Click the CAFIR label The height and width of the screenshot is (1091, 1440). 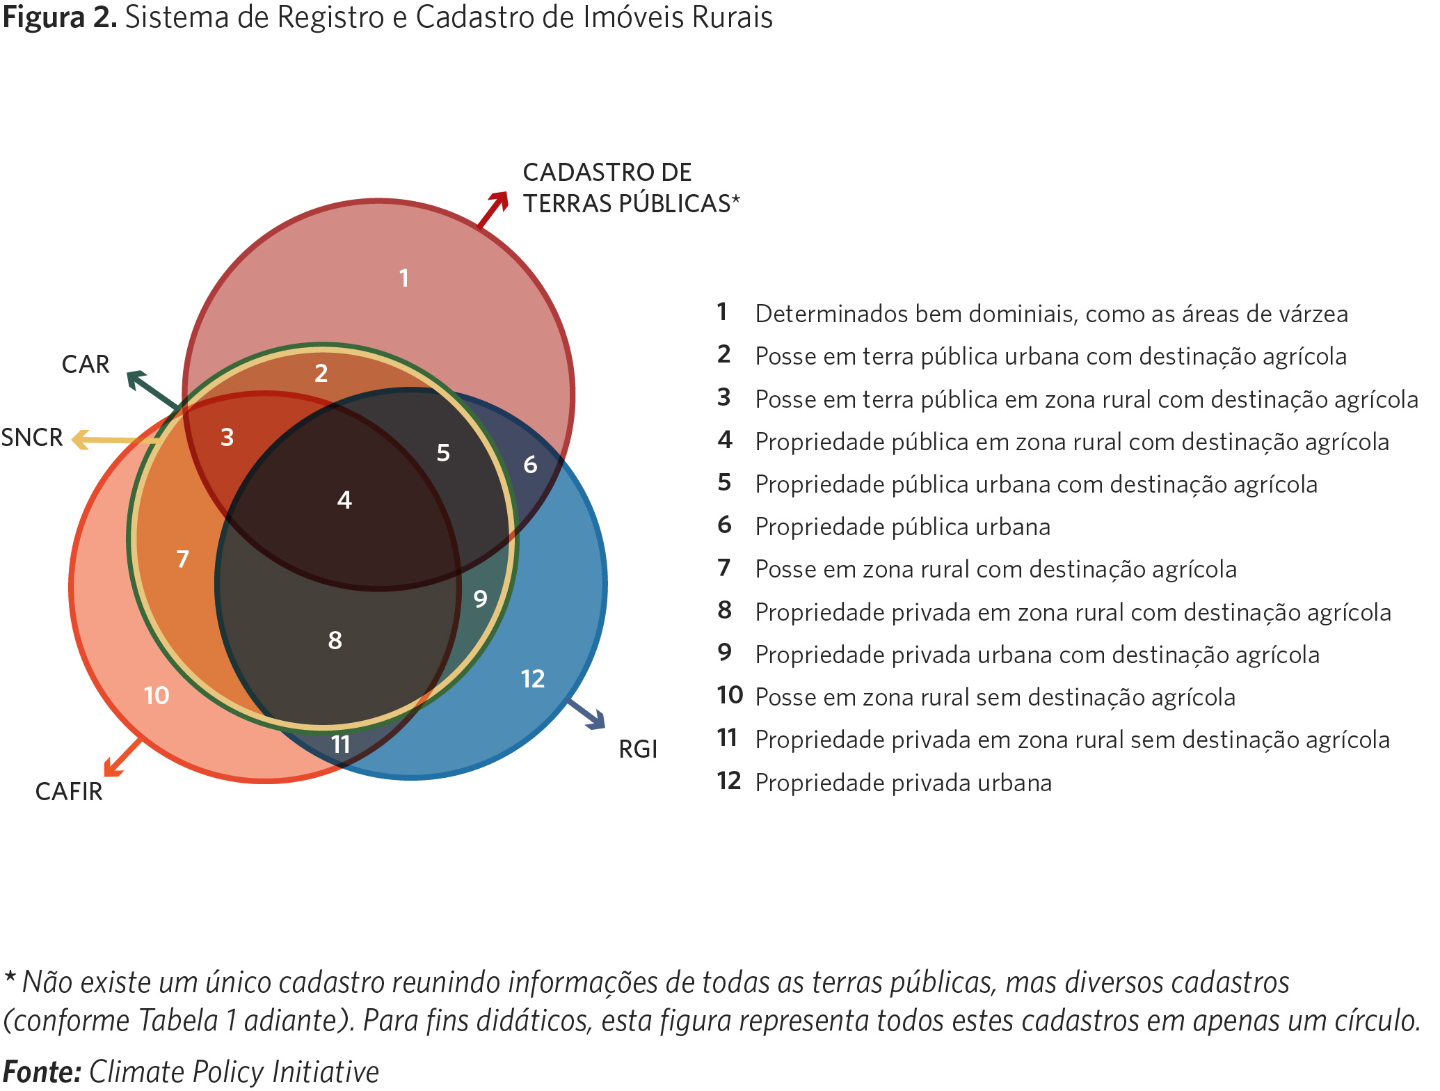69,792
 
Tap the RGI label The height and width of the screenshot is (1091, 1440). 638,749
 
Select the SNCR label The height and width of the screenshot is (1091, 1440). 32,438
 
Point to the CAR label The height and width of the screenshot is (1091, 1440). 86,365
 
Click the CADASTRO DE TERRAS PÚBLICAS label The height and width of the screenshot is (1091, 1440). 630,188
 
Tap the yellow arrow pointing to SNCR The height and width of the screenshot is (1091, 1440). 115,440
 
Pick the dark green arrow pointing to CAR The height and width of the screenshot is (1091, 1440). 151,390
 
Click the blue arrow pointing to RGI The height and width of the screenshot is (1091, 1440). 586,715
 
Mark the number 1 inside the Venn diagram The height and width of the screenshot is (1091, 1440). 403,278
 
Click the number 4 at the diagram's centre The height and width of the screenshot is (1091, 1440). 344,500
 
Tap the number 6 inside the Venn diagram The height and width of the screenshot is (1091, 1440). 530,465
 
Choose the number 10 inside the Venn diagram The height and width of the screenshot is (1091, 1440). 157,695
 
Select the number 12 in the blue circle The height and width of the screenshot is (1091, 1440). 532,679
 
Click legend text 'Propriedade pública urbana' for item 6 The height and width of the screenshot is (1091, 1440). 902,527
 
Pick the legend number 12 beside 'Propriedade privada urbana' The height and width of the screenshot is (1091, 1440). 729,781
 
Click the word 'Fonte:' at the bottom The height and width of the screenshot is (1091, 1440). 42,1072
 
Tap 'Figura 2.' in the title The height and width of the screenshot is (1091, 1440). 59,17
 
